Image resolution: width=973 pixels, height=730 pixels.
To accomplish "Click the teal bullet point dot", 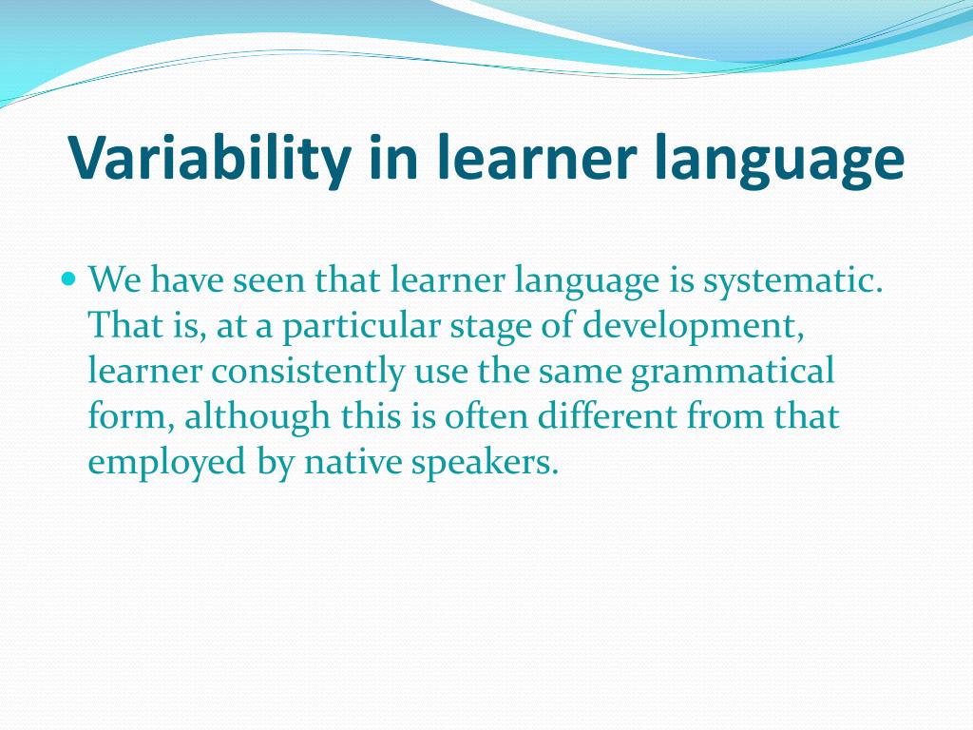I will tap(67, 280).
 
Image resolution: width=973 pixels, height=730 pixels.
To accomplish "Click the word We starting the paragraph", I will tap(114, 281).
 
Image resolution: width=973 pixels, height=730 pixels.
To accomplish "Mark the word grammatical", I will tap(732, 372).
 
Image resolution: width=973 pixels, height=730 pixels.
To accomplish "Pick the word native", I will tap(352, 462).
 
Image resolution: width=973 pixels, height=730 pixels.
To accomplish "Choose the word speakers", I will tap(484, 462).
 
